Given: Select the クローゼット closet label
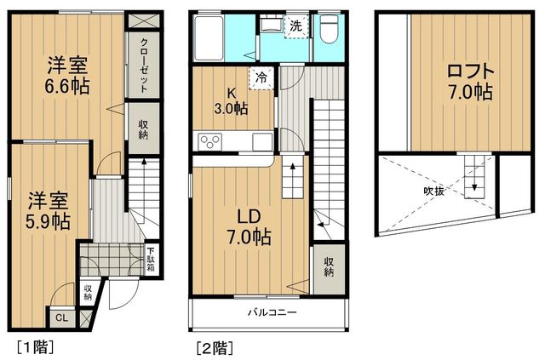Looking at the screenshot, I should (143, 66).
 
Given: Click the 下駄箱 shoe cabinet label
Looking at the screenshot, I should (150, 258).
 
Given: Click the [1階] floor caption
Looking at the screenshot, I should (34, 347).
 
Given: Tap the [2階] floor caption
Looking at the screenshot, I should (214, 347).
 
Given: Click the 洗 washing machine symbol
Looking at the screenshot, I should (295, 25).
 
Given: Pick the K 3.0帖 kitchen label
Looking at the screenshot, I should (230, 100).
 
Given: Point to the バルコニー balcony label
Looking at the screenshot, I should (272, 312).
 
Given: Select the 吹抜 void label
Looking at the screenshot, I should (434, 191).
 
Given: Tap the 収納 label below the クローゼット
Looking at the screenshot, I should (143, 129).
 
